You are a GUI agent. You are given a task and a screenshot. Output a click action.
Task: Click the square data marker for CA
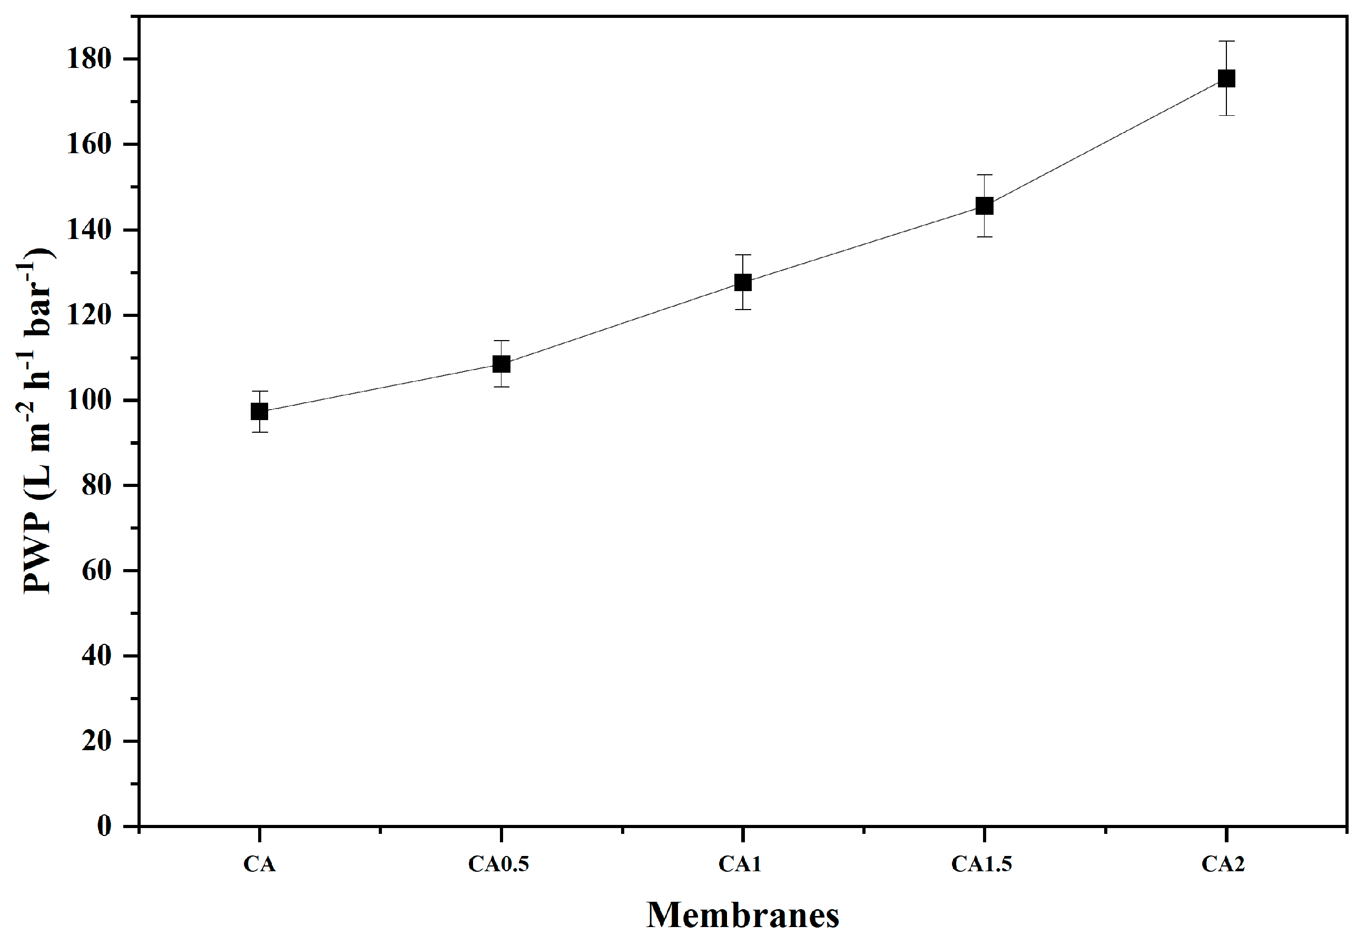click(x=259, y=411)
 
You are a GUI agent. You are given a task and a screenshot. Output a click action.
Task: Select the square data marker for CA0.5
click(x=501, y=363)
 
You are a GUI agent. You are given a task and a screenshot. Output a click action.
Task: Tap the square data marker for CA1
click(x=743, y=282)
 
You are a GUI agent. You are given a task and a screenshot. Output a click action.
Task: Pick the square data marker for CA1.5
click(x=984, y=206)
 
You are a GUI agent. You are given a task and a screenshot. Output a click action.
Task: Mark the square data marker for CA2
click(x=1226, y=78)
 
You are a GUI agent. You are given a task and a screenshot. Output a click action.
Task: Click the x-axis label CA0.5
click(x=498, y=864)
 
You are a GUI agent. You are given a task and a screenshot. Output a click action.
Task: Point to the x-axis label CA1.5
click(x=981, y=864)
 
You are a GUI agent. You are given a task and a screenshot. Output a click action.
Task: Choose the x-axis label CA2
click(x=1223, y=864)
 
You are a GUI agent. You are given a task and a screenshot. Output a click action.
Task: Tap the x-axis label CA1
click(x=740, y=864)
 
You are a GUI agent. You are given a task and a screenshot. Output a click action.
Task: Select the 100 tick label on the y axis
click(x=89, y=400)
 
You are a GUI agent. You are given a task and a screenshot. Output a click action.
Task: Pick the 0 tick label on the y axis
click(x=104, y=825)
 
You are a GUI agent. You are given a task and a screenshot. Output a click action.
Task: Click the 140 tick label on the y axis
click(x=89, y=230)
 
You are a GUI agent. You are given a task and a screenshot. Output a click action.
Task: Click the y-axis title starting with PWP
click(x=37, y=421)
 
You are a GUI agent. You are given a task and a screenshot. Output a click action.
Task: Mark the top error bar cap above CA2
click(x=1226, y=42)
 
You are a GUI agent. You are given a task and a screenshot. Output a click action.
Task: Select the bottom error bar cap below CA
click(x=259, y=432)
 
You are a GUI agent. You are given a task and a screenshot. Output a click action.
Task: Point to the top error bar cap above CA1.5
click(x=984, y=175)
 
